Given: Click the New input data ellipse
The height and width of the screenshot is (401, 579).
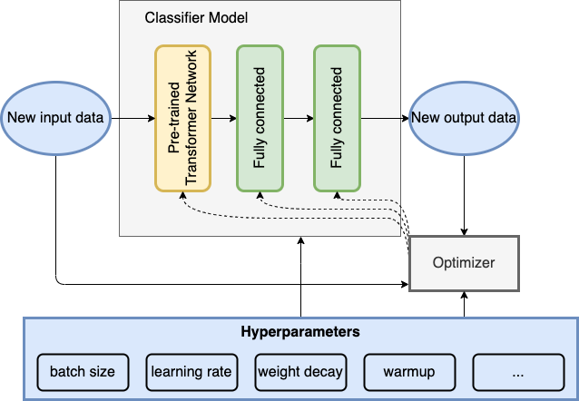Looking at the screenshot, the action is pos(55,118).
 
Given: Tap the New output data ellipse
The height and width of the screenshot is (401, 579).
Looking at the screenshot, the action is pos(464,118).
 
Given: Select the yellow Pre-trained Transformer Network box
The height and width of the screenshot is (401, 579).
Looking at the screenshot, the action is pos(182,119).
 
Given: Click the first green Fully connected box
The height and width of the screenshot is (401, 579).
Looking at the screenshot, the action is pos(260,119).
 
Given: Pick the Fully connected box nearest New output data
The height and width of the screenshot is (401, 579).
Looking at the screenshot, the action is pos(337,119).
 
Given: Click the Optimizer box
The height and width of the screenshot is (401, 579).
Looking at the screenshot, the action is pos(464,264).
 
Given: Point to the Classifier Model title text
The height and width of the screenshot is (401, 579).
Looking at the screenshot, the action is pos(196,18).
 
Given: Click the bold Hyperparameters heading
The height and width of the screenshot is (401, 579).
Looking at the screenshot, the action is pos(300,331).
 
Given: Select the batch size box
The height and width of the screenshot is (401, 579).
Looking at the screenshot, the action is pos(83,372).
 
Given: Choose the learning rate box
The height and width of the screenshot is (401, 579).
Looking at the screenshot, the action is pos(191,372).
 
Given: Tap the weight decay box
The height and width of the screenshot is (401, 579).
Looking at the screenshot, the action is pos(300,372).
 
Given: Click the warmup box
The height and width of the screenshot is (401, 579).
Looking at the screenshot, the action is pos(409,372).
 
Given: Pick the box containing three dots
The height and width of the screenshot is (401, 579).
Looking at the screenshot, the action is pos(518,372).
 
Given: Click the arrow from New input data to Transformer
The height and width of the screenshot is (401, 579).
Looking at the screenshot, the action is pos(132,118).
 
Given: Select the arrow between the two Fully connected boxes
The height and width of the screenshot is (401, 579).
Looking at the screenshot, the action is pos(299,118).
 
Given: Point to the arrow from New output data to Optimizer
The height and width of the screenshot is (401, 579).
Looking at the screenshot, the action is pos(464,195).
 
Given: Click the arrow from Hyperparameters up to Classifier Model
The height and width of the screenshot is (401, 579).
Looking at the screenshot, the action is pos(301,277).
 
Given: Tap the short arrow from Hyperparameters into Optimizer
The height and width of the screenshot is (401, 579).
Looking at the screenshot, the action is pos(464,304).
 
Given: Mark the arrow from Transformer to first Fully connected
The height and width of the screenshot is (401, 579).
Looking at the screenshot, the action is pos(224,118).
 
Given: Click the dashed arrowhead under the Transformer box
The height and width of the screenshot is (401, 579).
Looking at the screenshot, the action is pos(182,195).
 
